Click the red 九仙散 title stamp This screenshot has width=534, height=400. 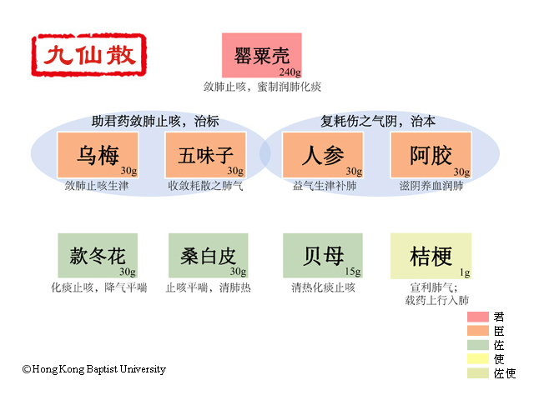[89, 55]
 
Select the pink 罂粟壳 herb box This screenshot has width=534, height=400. [261, 56]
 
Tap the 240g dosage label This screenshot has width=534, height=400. [290, 72]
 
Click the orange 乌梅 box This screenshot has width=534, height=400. [98, 155]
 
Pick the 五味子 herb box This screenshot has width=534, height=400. [205, 155]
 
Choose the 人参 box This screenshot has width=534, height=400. [323, 155]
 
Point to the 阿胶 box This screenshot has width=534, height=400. [431, 155]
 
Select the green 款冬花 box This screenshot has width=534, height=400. [98, 256]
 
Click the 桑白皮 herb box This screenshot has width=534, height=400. [208, 256]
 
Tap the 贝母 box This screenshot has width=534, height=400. [323, 256]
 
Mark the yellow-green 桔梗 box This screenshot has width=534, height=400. [431, 256]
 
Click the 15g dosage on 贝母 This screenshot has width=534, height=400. [352, 272]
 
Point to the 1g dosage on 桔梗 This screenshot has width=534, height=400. [465, 272]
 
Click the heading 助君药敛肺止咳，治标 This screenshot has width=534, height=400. [155, 121]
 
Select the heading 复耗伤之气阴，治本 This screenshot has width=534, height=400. [378, 121]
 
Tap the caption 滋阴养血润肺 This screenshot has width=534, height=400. [431, 186]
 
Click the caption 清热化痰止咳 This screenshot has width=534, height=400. [323, 287]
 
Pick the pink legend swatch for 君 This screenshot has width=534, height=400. [478, 317]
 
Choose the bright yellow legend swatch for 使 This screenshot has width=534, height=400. [478, 359]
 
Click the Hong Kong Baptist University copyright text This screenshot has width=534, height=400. [94, 369]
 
